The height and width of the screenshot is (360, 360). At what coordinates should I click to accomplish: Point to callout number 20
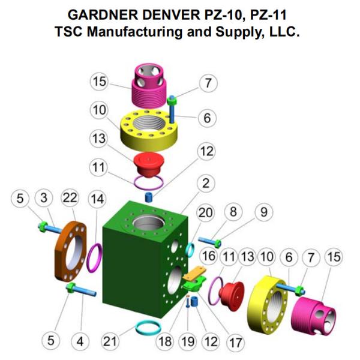click(206, 212)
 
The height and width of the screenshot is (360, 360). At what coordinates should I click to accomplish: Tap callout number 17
click(233, 342)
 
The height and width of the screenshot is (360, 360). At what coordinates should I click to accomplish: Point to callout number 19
click(188, 342)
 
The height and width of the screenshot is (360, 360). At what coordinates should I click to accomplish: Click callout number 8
click(235, 212)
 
